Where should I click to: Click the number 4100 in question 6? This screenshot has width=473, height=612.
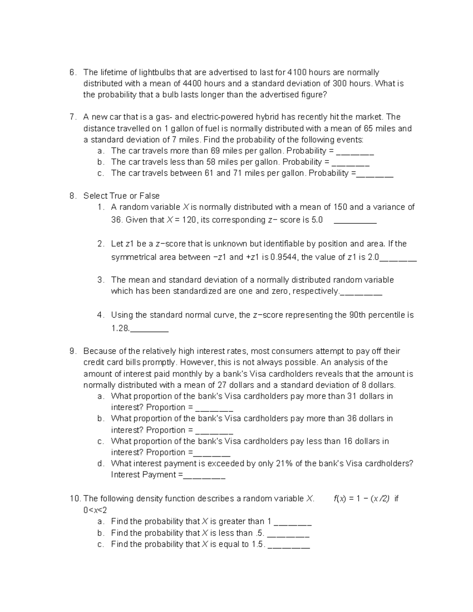pyautogui.click(x=297, y=73)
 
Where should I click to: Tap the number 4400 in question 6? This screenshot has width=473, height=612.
pyautogui.click(x=192, y=84)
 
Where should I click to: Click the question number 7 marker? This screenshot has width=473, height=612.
pyautogui.click(x=72, y=117)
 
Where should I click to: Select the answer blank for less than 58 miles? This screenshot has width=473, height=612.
pyautogui.click(x=351, y=163)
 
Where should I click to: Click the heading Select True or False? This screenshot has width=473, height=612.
pyautogui.click(x=121, y=196)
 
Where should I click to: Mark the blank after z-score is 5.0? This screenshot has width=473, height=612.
pyautogui.click(x=355, y=221)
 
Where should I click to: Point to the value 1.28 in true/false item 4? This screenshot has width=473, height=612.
pyautogui.click(x=120, y=328)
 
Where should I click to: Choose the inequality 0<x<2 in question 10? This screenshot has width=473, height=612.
pyautogui.click(x=95, y=510)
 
